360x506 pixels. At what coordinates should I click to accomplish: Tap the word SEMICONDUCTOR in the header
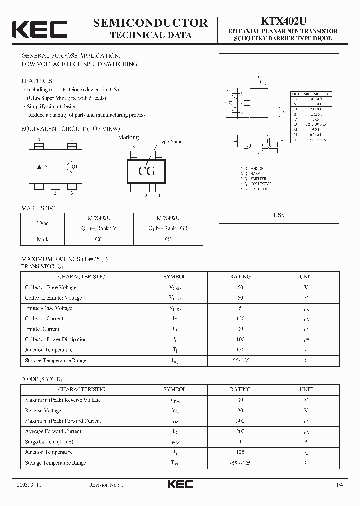pos(150,22)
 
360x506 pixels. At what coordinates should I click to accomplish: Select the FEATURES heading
pos(36,80)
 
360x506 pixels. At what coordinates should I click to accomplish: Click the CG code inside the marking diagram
pos(146,171)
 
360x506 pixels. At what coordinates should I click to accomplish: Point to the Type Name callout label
pos(170,142)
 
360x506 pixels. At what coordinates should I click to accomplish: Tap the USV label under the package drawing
pos(279,214)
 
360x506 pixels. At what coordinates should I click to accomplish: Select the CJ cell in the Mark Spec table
pos(168,239)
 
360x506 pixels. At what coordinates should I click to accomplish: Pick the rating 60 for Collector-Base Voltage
pos(240,287)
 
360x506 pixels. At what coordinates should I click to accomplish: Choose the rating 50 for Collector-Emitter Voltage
pos(240,298)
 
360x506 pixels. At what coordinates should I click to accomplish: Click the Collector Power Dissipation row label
pos(56,340)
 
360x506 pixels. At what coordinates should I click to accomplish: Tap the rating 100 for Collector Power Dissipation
pos(240,340)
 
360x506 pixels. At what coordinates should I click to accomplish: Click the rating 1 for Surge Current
pos(240,442)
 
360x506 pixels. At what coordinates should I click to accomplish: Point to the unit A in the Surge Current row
pos(306,442)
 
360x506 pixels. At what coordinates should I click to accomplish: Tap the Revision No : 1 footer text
pos(106,485)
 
